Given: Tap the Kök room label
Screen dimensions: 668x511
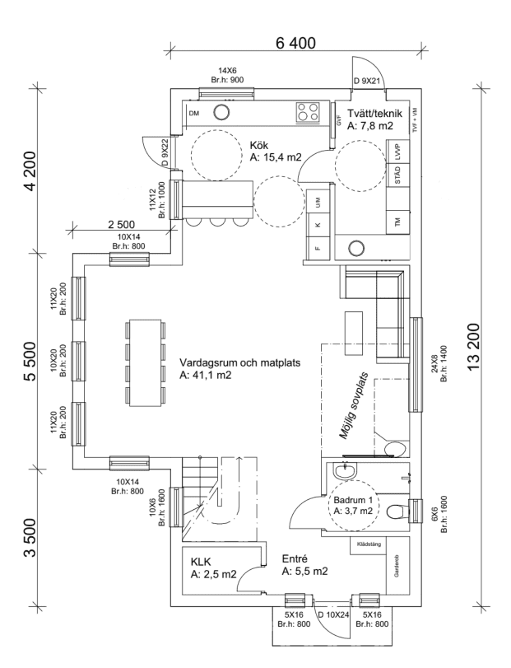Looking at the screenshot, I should click(x=259, y=145).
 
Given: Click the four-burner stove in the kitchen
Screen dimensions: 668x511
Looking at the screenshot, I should click(x=309, y=111).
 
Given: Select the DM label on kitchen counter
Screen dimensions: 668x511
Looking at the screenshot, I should click(x=194, y=113).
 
